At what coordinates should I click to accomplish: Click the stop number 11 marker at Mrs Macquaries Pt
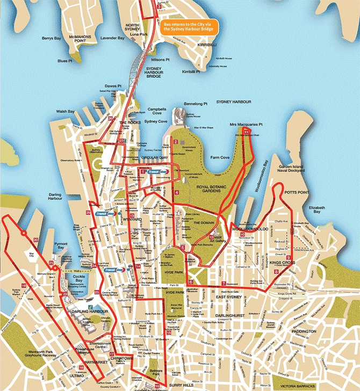point(247,131)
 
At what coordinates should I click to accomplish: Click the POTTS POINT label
point(297,192)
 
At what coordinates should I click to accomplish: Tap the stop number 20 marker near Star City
point(35,240)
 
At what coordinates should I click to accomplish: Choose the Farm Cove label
point(220,158)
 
